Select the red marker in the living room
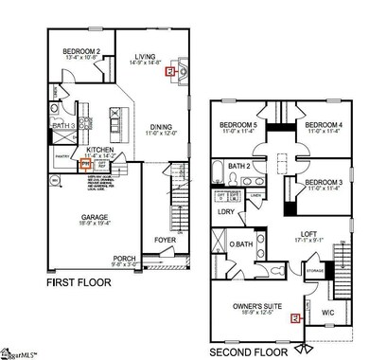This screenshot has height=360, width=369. point(169,70)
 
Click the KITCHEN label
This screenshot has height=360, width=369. point(101,149)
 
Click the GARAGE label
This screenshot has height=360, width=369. point(93,216)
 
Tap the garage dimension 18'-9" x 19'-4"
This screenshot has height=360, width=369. point(93,224)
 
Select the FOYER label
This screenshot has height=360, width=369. point(166,240)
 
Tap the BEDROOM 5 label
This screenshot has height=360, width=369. point(239,126)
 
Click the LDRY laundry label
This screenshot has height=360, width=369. point(225,211)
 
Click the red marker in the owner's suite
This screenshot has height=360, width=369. point(295,317)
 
